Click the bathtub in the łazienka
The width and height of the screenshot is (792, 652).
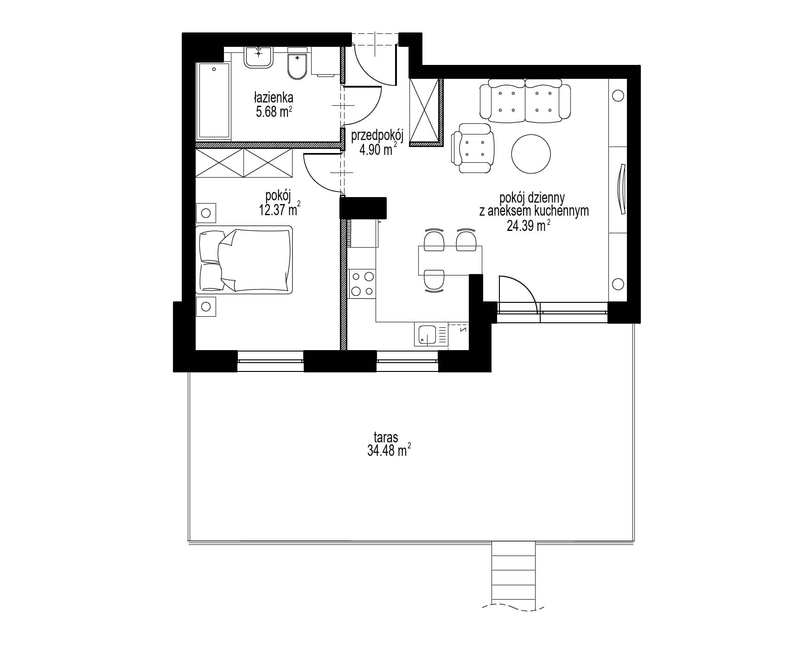(x=214, y=102)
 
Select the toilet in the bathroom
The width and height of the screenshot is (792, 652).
(x=297, y=65)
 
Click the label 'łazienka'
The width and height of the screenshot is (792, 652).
(x=273, y=98)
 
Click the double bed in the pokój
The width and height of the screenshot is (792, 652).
(x=244, y=260)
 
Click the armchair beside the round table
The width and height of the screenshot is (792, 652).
(x=473, y=148)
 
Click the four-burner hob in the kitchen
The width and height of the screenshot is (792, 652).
(x=362, y=284)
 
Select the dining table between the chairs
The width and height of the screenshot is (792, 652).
(x=450, y=261)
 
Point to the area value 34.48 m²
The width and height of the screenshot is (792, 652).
(x=389, y=450)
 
